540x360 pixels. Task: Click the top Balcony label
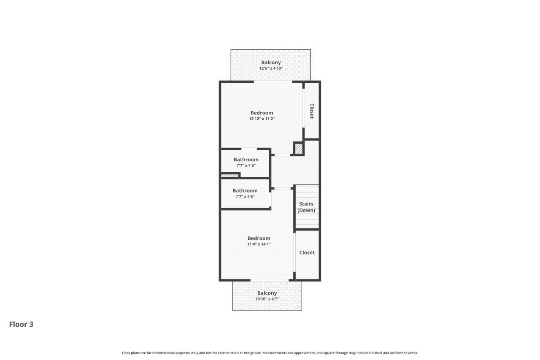click(x=270, y=62)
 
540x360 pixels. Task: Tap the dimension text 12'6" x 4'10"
click(x=270, y=68)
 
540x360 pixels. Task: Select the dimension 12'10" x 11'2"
click(x=262, y=119)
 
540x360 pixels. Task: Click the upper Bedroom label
click(x=262, y=113)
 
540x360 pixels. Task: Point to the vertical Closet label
click(x=312, y=111)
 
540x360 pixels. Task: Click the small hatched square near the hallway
click(x=298, y=149)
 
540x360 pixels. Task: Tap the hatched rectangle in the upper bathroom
click(x=229, y=176)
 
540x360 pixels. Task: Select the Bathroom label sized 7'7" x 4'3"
click(x=246, y=160)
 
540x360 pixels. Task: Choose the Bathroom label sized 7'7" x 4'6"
click(x=245, y=191)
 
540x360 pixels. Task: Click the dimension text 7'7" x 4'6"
click(x=245, y=197)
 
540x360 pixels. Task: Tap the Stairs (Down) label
click(x=306, y=207)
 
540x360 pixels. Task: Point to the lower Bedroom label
click(x=259, y=238)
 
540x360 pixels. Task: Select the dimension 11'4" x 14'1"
click(x=259, y=244)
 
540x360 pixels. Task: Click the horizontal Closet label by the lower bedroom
click(x=307, y=252)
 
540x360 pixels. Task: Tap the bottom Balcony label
click(x=267, y=293)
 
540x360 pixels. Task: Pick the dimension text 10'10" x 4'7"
click(x=267, y=299)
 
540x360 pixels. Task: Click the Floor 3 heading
click(x=21, y=324)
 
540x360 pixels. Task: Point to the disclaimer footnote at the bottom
click(x=270, y=353)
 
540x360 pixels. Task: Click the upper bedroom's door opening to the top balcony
click(x=273, y=82)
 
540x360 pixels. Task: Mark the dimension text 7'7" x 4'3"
click(x=246, y=165)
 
